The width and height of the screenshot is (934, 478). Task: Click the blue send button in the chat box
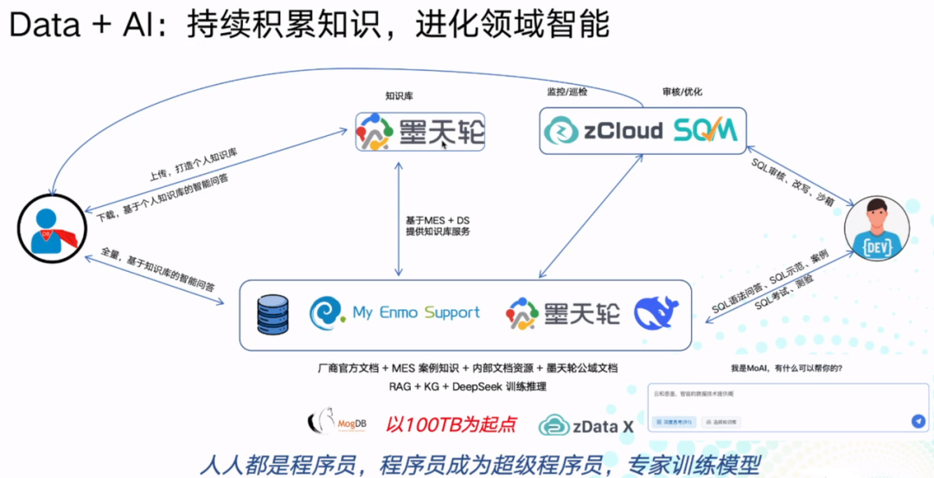pyautogui.click(x=918, y=421)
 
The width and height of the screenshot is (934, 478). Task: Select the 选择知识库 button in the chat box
pyautogui.click(x=720, y=422)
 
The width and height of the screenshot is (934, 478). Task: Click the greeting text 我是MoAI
pyautogui.click(x=787, y=368)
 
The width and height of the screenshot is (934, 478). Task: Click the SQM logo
pyautogui.click(x=706, y=131)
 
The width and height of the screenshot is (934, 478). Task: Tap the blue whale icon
pyautogui.click(x=656, y=313)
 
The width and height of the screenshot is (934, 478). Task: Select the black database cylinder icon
pyautogui.click(x=272, y=314)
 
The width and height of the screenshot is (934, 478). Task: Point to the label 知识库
pyautogui.click(x=399, y=96)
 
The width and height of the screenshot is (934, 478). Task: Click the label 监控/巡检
pyautogui.click(x=566, y=91)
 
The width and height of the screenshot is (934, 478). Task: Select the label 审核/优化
pyautogui.click(x=681, y=91)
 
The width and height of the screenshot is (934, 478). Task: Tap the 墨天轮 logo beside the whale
pyautogui.click(x=563, y=313)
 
